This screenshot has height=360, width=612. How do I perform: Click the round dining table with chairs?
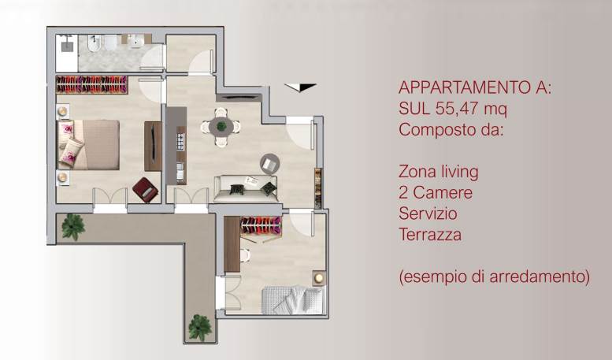coord(221,127)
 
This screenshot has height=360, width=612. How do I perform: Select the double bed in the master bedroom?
coord(88,144)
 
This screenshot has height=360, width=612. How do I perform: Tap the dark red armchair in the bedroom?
coord(145,189)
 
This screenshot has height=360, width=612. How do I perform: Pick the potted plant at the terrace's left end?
coord(73,227)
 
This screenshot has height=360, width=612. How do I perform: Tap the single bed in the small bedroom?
coord(292,299)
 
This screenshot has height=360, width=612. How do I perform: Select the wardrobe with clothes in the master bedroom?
coord(91,84)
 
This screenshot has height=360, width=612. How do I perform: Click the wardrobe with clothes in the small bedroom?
coord(261,225)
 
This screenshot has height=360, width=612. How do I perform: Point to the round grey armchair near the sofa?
coord(270,163)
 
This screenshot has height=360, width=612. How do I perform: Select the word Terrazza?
coord(429,235)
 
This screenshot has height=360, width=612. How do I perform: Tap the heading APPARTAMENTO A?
coord(475,87)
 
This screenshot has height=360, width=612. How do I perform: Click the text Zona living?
coord(438,171)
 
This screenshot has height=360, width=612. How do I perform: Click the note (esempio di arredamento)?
coord(494,277)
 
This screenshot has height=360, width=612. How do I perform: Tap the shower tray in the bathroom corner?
coord(65,52)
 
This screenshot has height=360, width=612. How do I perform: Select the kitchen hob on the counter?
coord(180,142)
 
